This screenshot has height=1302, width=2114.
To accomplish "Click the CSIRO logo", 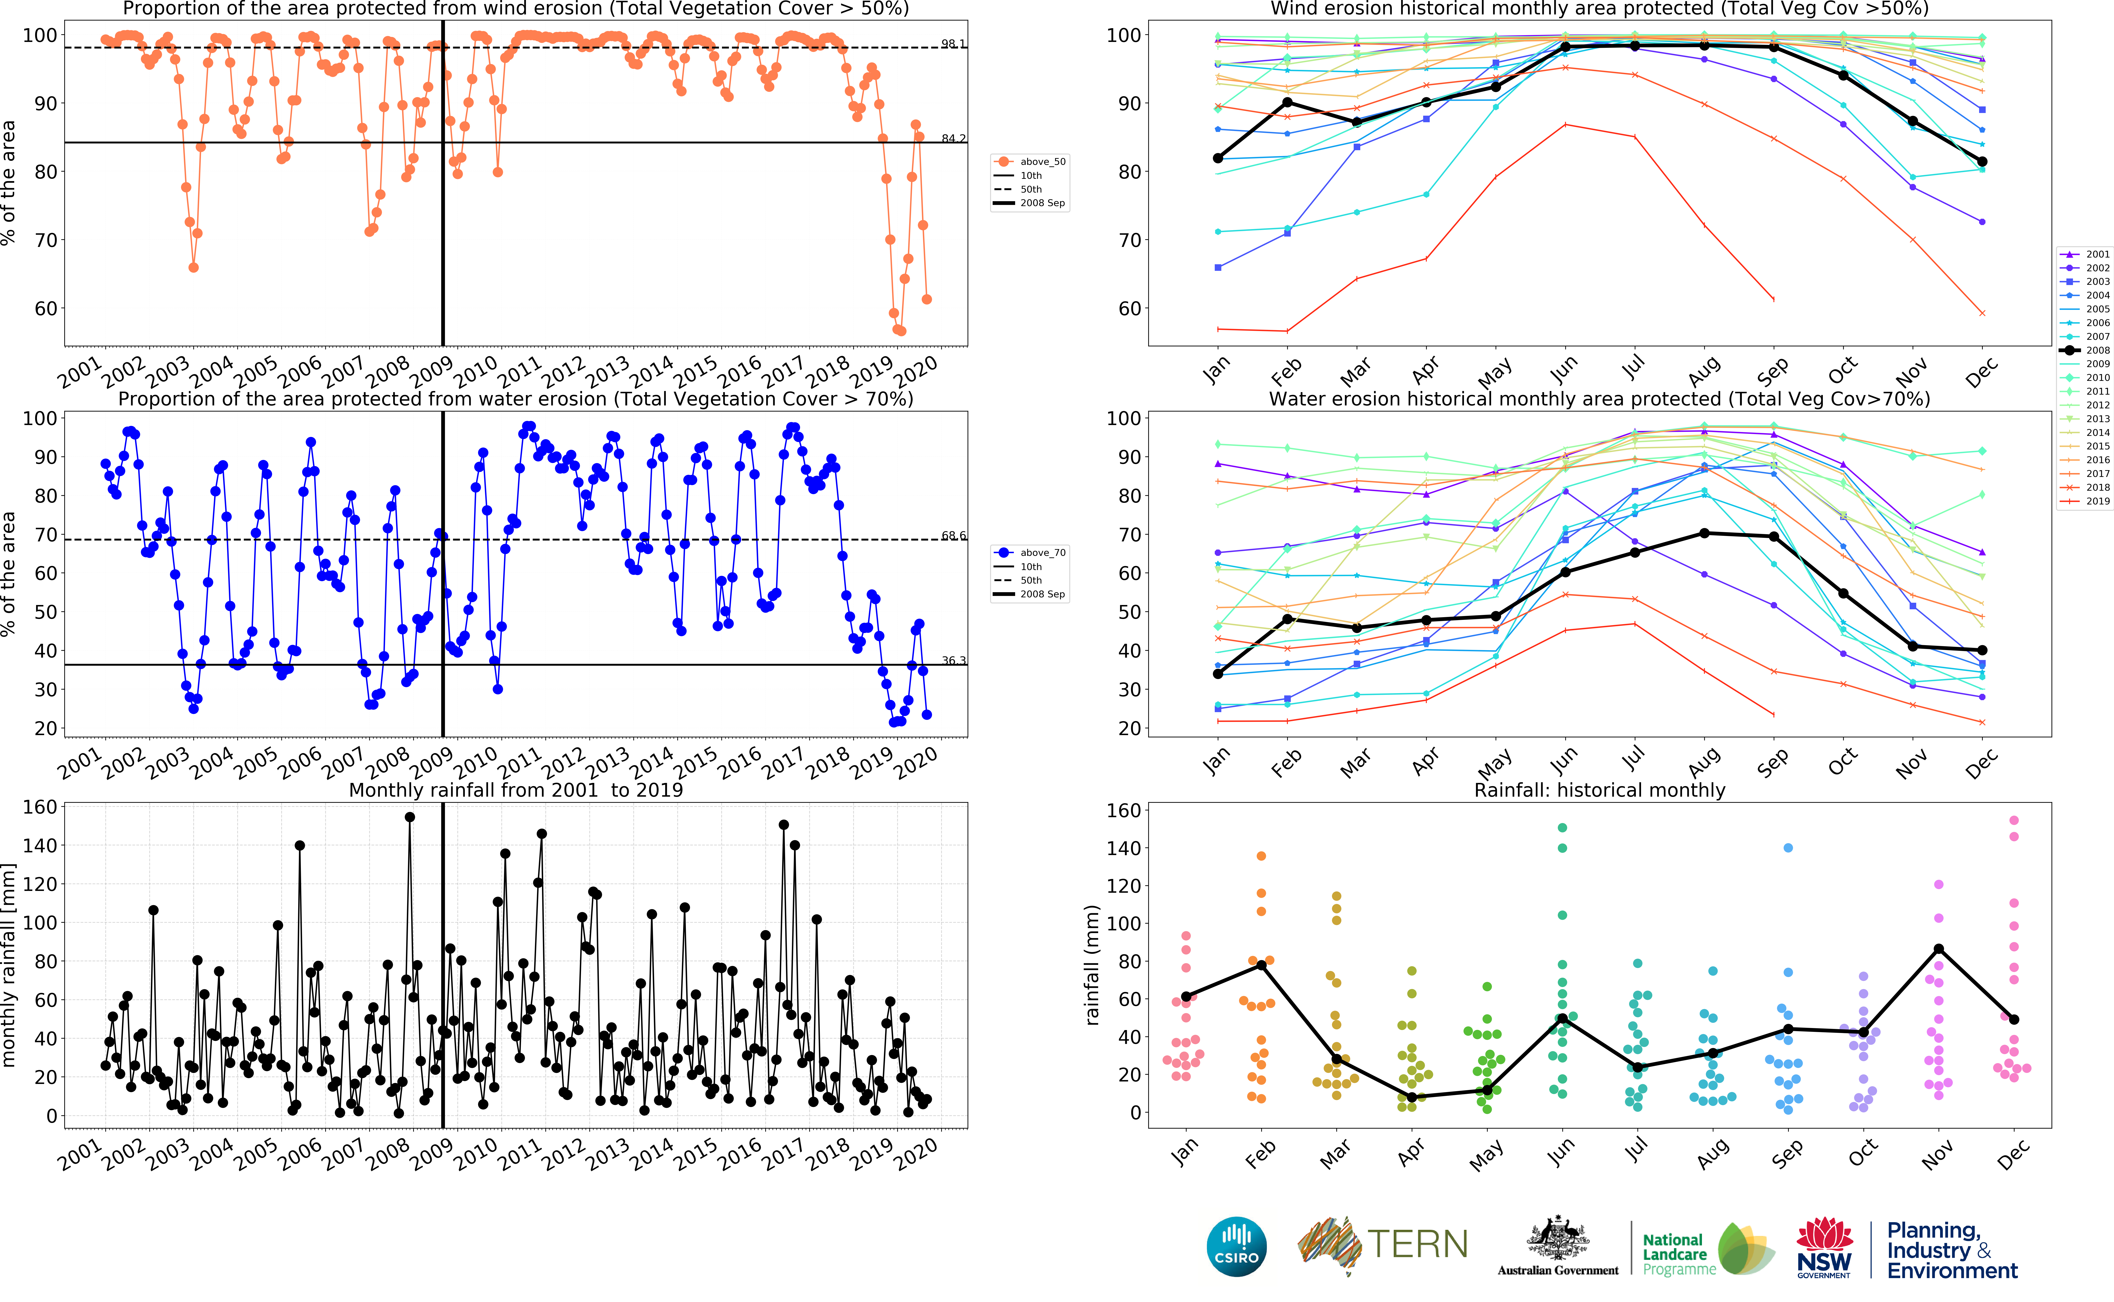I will pos(1237,1246).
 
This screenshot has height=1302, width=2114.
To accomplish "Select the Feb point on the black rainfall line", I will pos(1261,965).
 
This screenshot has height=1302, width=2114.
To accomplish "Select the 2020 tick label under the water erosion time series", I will pos(915,763).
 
